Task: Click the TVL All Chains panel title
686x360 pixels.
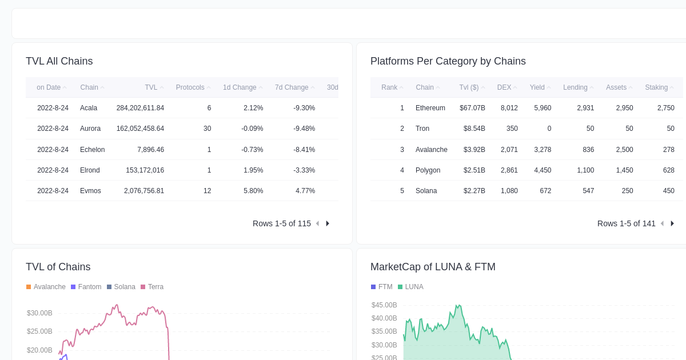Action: click(59, 61)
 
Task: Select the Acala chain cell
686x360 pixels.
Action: click(89, 108)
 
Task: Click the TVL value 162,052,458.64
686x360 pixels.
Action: click(140, 129)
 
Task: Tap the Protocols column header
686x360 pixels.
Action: click(190, 87)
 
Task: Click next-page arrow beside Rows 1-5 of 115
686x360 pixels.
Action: click(328, 223)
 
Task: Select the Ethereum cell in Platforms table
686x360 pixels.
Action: click(430, 108)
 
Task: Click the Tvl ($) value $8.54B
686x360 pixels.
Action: click(474, 129)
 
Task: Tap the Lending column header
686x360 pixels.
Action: click(575, 87)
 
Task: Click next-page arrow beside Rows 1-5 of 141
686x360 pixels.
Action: click(672, 223)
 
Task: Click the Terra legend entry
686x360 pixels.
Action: click(155, 287)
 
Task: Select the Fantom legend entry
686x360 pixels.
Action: click(89, 287)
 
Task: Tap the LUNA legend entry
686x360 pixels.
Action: click(413, 287)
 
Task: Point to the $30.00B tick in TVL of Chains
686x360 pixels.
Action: click(39, 313)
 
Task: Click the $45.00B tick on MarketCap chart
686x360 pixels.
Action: click(384, 305)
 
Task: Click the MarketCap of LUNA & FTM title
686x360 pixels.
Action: click(433, 267)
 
